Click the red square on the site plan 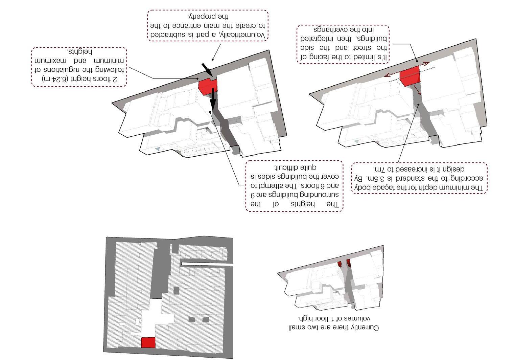[148, 342]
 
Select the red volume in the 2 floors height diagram [207, 87]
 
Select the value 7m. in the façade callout [379, 168]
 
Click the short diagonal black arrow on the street [207, 69]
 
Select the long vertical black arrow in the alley [213, 99]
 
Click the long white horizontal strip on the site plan [207, 264]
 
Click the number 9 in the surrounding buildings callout [252, 195]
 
